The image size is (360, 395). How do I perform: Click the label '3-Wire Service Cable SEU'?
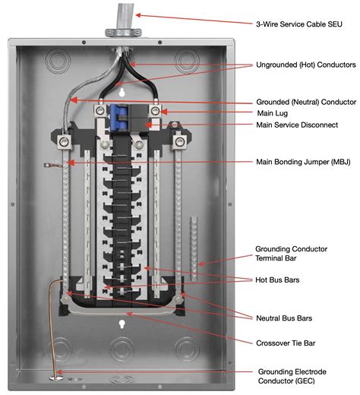[x=299, y=23]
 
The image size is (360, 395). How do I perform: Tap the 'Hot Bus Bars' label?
[x=279, y=280]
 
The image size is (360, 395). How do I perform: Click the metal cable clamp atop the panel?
[x=123, y=33]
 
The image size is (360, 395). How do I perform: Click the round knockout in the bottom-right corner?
[x=187, y=351]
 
